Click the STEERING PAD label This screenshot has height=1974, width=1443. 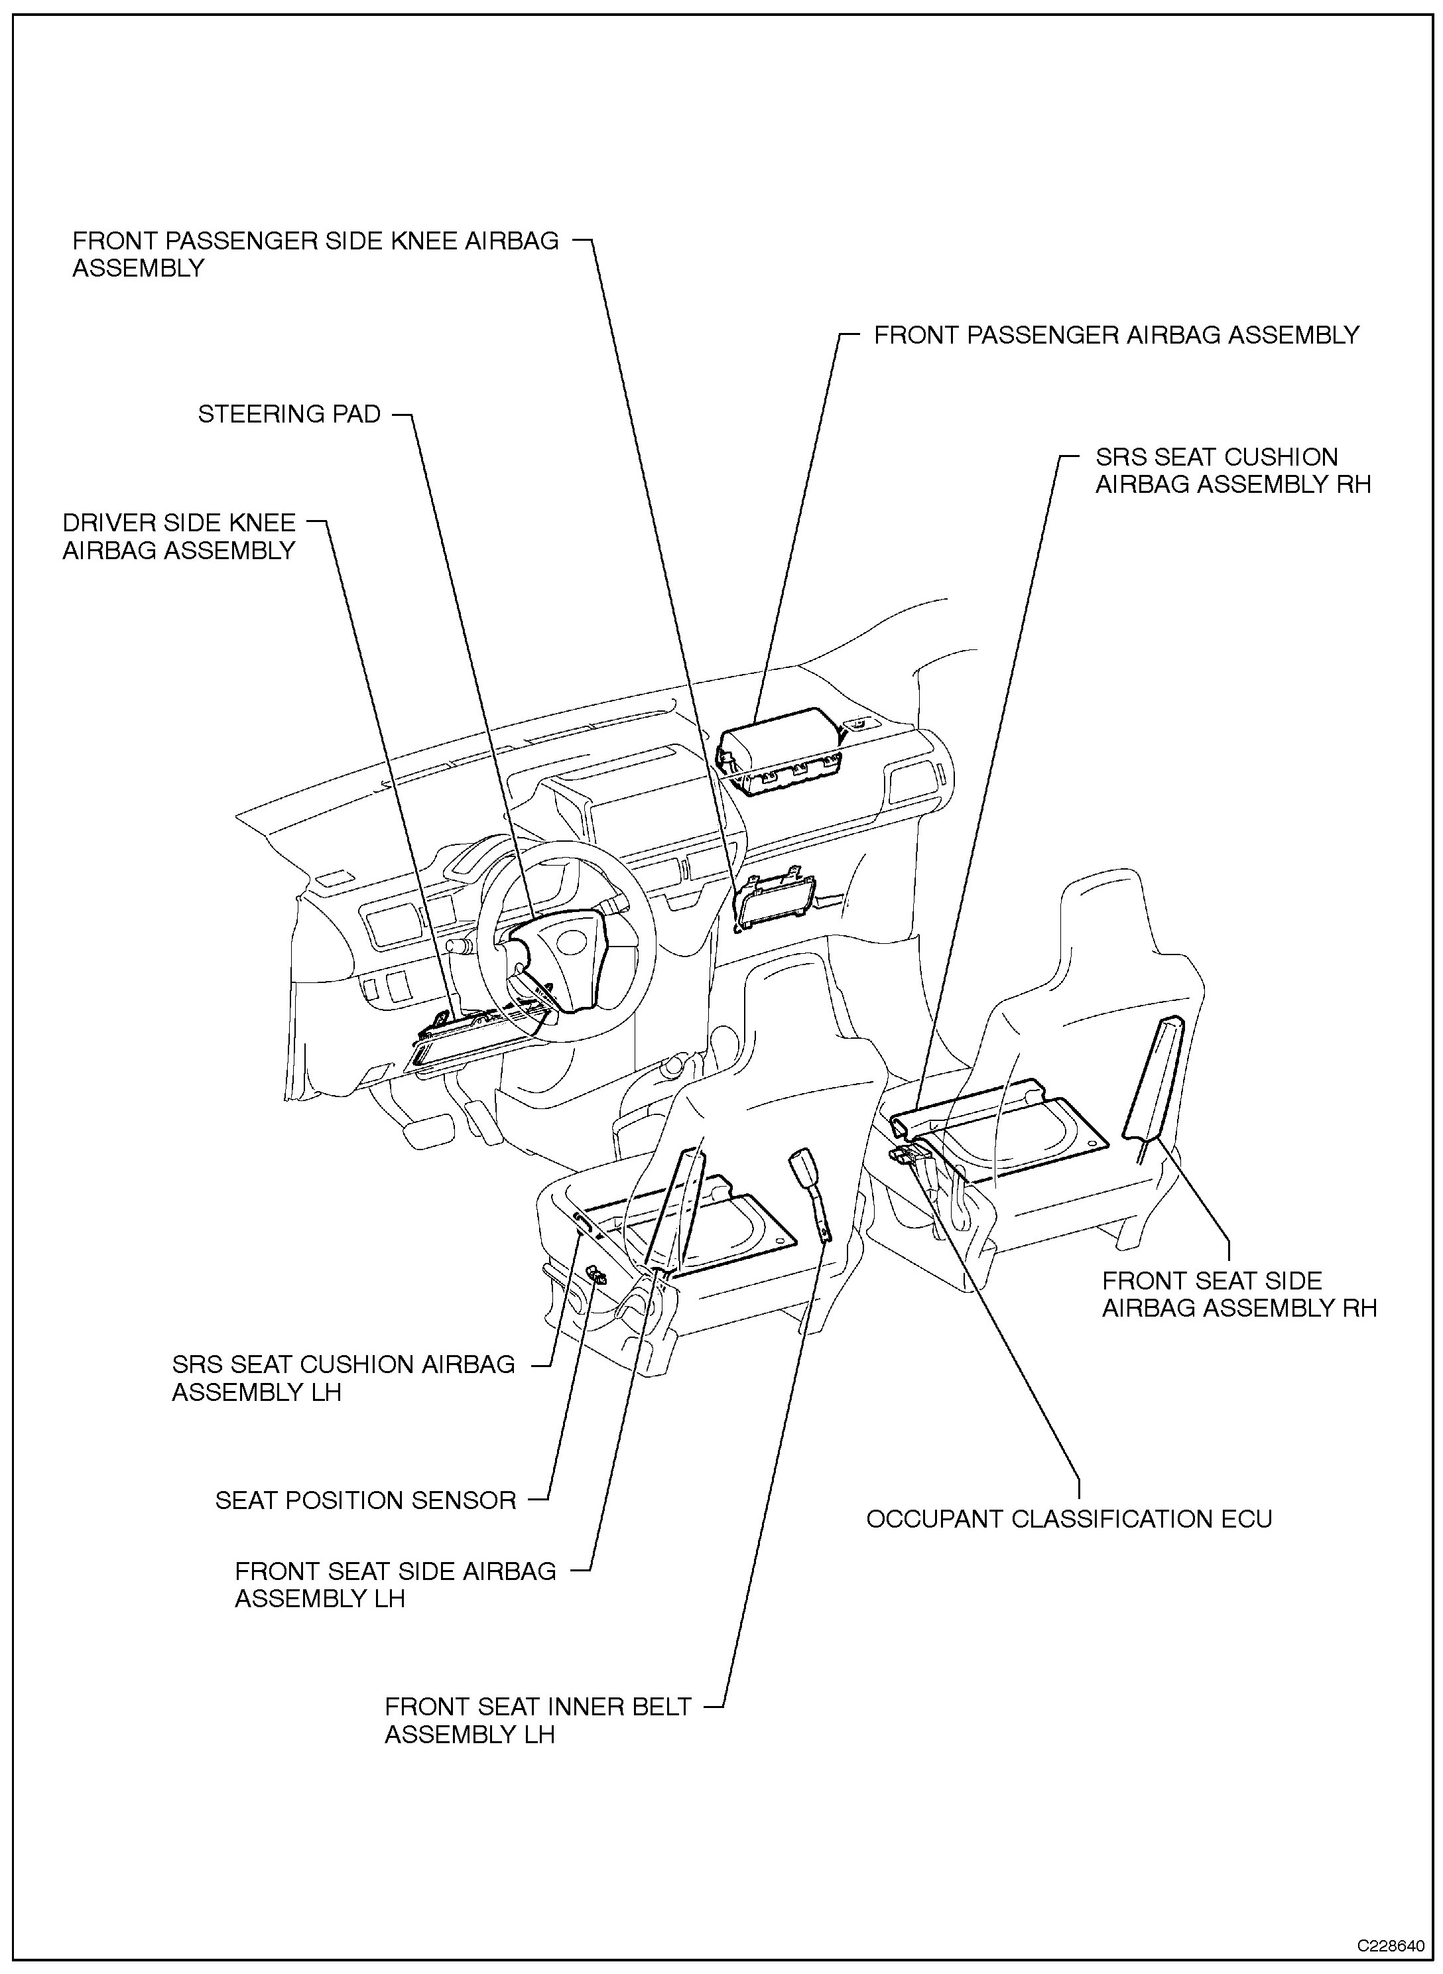289,413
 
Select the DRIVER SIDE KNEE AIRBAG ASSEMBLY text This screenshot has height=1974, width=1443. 179,537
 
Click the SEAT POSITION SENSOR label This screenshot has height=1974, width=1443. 366,1500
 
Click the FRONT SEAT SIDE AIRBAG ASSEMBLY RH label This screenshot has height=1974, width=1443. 1239,1293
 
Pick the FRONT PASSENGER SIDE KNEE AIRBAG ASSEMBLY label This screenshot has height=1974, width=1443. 316,254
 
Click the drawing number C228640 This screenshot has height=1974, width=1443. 1395,1945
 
